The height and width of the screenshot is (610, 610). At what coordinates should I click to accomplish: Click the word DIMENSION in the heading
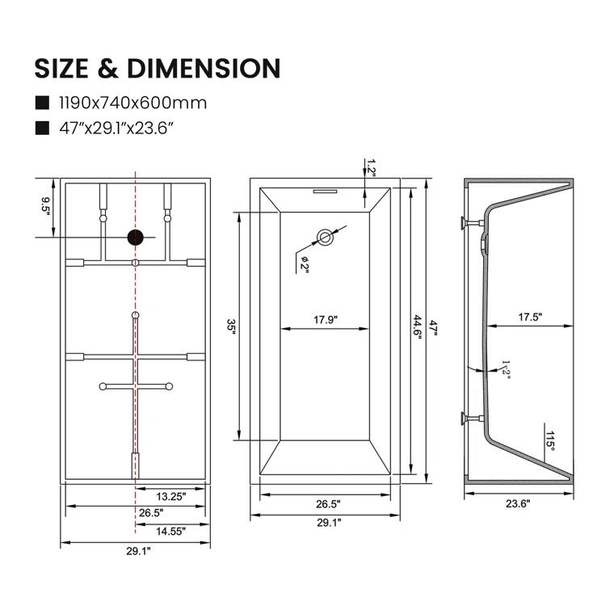coord(205,68)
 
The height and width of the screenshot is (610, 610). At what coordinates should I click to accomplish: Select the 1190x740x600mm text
coord(133,103)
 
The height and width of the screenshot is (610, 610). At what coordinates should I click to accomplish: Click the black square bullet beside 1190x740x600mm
coord(41,103)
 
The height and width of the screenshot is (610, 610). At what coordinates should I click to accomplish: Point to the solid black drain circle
coord(136,237)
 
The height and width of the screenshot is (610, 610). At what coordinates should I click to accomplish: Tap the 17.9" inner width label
coord(325,319)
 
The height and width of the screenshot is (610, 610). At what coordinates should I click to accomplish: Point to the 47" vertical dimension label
coord(433,327)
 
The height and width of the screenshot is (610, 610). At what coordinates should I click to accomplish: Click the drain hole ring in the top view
coord(325,237)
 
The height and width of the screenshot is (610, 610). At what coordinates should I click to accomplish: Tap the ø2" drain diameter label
coord(305,263)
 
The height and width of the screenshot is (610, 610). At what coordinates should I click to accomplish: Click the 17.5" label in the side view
coord(530,318)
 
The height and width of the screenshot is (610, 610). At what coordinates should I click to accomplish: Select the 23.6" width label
coord(517,503)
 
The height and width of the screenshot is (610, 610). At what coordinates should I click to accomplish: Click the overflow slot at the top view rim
coord(325,191)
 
